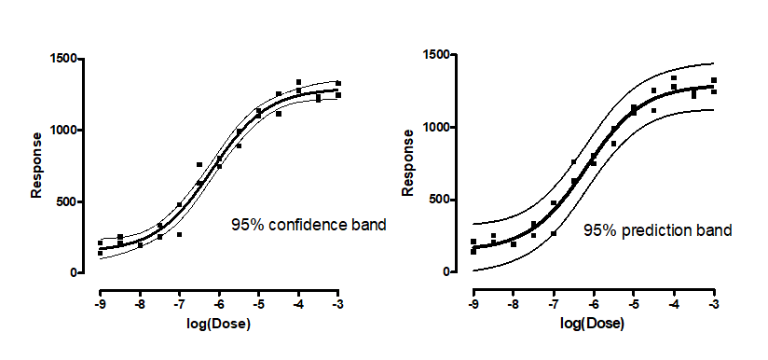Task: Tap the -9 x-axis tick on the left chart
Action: (100, 304)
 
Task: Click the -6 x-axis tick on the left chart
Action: (219, 304)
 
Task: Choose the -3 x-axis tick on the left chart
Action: (338, 304)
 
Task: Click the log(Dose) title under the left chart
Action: (219, 324)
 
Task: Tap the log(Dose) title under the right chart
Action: (593, 324)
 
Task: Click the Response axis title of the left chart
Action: (37, 165)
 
